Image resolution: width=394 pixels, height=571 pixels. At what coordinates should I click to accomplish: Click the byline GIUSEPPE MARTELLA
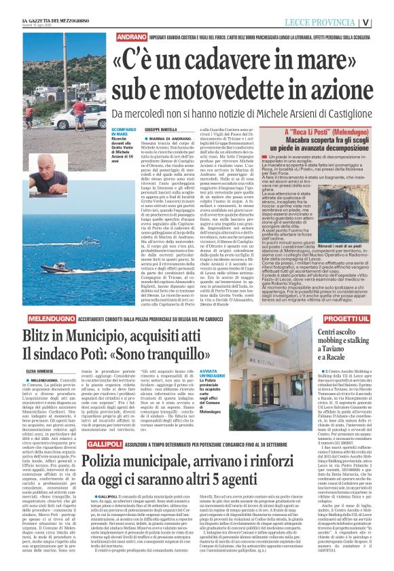click(x=160, y=129)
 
